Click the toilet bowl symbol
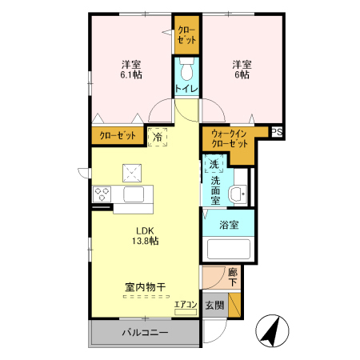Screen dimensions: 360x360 [186, 69]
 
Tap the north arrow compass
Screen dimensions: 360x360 [272, 330]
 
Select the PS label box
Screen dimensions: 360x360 [277, 132]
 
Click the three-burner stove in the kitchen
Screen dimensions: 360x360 [102, 194]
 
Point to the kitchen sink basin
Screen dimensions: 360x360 [134, 194]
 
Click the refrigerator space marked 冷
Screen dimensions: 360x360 [158, 138]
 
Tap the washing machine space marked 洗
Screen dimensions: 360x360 [214, 163]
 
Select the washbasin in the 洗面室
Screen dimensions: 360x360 [238, 194]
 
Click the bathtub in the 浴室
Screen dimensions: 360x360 [229, 249]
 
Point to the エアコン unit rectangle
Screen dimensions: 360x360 [186, 312]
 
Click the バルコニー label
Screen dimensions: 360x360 [145, 332]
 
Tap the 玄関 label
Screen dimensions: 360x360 [214, 306]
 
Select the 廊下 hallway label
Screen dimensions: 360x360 [233, 277]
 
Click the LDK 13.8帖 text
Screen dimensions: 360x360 [146, 235]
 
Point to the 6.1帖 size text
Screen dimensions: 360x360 [131, 74]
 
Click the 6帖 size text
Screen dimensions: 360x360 [242, 74]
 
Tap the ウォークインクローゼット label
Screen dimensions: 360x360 [230, 138]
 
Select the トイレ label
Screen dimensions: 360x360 [186, 89]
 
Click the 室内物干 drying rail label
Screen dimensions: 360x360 [146, 287]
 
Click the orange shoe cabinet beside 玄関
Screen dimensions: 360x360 [234, 305]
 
